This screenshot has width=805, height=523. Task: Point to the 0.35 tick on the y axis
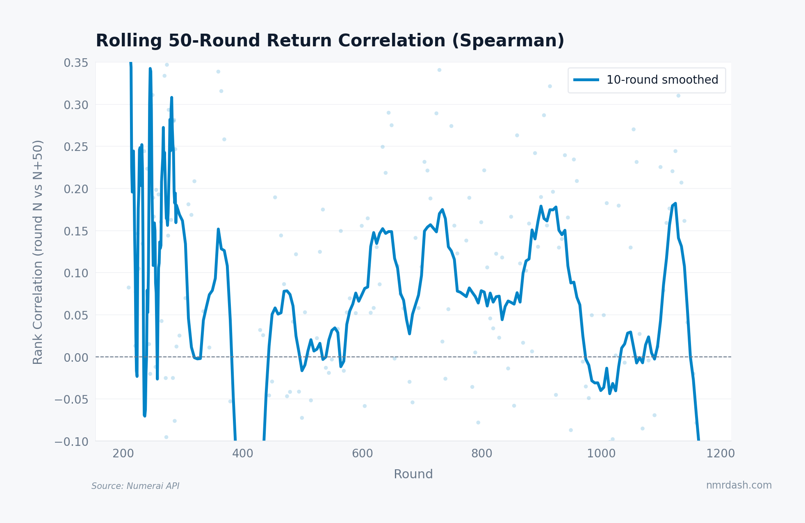pyautogui.click(x=76, y=63)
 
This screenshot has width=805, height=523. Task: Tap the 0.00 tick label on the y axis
pyautogui.click(x=76, y=357)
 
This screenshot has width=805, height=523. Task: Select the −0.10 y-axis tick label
pyautogui.click(x=71, y=442)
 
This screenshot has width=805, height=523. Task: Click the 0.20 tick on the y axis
pyautogui.click(x=76, y=189)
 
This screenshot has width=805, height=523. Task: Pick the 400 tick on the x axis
pyautogui.click(x=243, y=454)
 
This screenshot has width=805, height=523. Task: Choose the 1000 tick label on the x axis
pyautogui.click(x=601, y=454)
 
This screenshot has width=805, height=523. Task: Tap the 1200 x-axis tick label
pyautogui.click(x=721, y=454)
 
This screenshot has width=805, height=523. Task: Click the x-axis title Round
pyautogui.click(x=413, y=474)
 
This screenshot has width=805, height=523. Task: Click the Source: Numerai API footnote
pyautogui.click(x=135, y=486)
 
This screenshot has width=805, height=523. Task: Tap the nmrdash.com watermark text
pyautogui.click(x=739, y=485)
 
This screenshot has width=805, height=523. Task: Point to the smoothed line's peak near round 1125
pyautogui.click(x=675, y=203)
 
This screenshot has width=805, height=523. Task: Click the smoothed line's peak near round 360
pyautogui.click(x=218, y=229)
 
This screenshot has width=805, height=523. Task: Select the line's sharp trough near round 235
pyautogui.click(x=144, y=416)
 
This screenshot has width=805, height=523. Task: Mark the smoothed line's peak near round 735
pyautogui.click(x=442, y=210)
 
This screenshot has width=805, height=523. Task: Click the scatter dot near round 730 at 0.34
pyautogui.click(x=439, y=70)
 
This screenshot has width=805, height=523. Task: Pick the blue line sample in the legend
pyautogui.click(x=586, y=80)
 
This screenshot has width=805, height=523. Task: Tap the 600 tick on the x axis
pyautogui.click(x=362, y=454)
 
